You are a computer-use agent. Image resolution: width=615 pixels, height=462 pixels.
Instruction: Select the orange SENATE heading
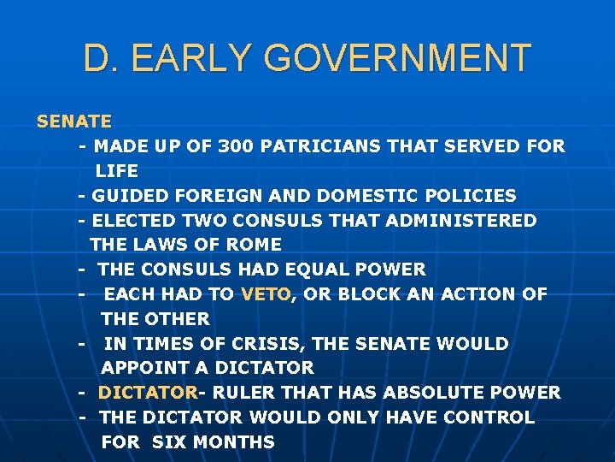[x=74, y=121]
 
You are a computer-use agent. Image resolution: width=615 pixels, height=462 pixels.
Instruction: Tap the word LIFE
[x=117, y=171]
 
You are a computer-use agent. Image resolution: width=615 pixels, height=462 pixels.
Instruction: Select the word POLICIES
[x=472, y=196]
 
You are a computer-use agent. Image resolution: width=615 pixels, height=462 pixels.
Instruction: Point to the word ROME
[x=256, y=245]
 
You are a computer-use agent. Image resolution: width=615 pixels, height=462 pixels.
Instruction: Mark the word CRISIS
[x=272, y=344]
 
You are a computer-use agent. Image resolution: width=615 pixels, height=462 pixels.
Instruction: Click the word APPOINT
[x=143, y=368]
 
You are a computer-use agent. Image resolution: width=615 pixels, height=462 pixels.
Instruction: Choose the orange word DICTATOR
[x=148, y=393]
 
